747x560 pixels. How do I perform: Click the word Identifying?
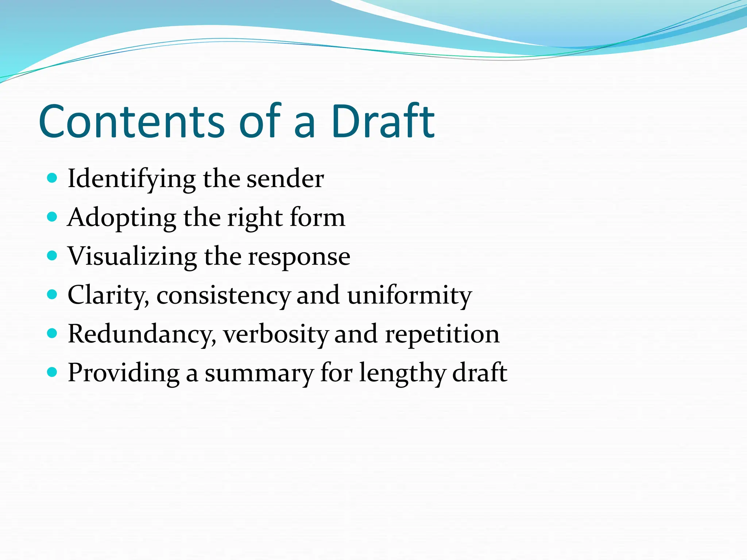coord(131,179)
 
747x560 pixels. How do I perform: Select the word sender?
coord(285,179)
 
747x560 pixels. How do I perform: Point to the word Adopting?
coord(121,218)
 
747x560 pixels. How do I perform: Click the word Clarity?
coord(108,295)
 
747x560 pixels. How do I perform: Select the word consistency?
coord(223,296)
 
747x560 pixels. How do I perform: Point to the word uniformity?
coord(409,296)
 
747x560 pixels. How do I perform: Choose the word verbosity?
coord(276,334)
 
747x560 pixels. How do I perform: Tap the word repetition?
coord(442,334)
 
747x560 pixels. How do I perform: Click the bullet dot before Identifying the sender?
coord(53,178)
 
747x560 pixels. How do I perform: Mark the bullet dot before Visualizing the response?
coord(53,256)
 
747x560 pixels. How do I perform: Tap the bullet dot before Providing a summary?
coord(53,372)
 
